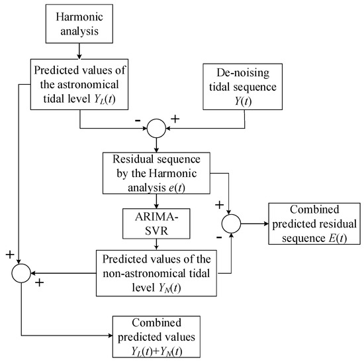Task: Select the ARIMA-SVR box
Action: pos(158,222)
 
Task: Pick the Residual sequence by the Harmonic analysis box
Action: pos(158,174)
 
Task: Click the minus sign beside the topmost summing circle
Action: pos(137,121)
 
